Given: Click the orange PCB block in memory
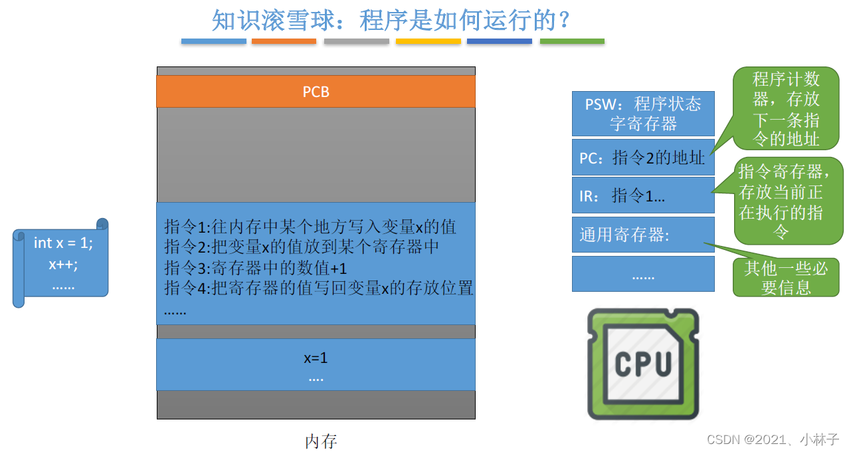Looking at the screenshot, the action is [316, 92].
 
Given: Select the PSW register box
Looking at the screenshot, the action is [643, 114].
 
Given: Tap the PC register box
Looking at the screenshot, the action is [643, 158].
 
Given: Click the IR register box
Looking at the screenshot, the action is [643, 195].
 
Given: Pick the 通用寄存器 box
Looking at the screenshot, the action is [643, 235].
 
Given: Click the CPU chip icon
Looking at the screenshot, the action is [643, 364].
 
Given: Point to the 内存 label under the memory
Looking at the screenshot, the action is [321, 441].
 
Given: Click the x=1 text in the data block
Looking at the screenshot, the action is [316, 358].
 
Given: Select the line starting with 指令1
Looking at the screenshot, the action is [310, 227].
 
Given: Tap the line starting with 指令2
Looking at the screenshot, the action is [302, 247].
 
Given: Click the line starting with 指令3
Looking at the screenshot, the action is [256, 268].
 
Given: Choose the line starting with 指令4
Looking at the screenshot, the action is [318, 288].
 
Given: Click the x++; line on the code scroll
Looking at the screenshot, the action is [63, 264].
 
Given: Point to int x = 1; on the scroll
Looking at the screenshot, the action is [63, 243].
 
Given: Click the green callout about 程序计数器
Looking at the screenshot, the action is [786, 109].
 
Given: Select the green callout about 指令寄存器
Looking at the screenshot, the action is [789, 201].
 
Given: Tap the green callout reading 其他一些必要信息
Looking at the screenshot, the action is [786, 277].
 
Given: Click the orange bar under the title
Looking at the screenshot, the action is [284, 41].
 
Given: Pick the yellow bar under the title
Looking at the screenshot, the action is [428, 41].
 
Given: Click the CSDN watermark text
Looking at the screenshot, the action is [773, 439].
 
